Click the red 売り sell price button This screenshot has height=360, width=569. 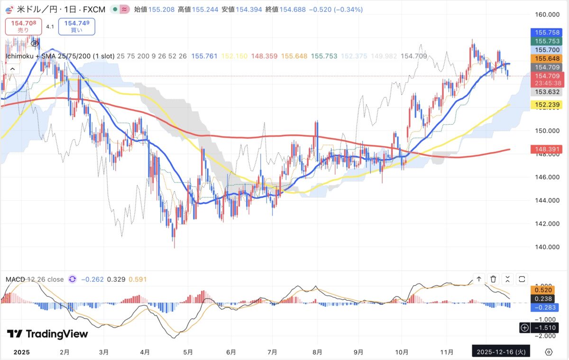click(23, 26)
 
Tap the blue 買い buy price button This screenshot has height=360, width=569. click(76, 26)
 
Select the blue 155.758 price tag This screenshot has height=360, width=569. click(547, 33)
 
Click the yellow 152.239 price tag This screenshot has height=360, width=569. click(547, 105)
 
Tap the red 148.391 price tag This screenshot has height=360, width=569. click(547, 149)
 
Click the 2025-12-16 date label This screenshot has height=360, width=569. click(501, 352)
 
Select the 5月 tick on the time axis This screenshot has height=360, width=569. click(188, 352)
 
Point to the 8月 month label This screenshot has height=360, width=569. click(318, 352)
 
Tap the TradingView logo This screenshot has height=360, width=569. click(47, 334)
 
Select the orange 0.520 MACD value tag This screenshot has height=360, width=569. click(542, 289)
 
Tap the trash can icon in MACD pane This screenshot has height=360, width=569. click(493, 279)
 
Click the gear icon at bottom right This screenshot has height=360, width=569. click(549, 352)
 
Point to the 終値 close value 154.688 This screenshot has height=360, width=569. click(294, 9)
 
